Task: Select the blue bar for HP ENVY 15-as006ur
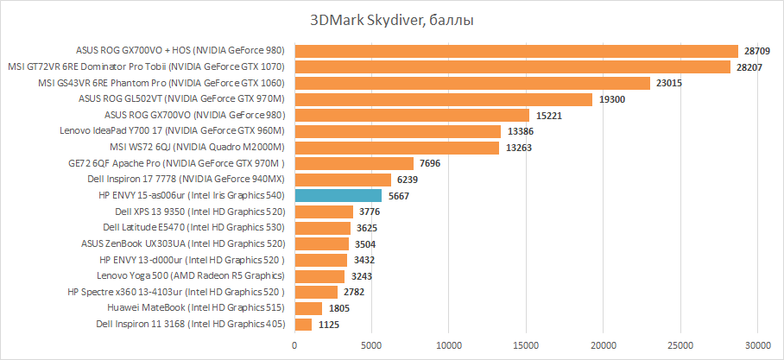pyautogui.click(x=338, y=196)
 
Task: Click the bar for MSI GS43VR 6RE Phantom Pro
pyautogui.click(x=472, y=83)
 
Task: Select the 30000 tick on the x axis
pyautogui.click(x=758, y=345)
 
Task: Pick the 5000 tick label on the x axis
pyautogui.click(x=372, y=345)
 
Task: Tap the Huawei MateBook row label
pyautogui.click(x=197, y=308)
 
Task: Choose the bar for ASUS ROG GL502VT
pyautogui.click(x=444, y=99)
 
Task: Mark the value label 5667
pyautogui.click(x=400, y=196)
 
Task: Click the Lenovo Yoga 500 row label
pyautogui.click(x=191, y=276)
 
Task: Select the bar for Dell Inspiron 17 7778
pyautogui.click(x=343, y=180)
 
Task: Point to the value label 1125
pyautogui.click(x=329, y=325)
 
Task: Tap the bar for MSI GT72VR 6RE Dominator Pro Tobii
pyautogui.click(x=513, y=66)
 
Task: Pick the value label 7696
pyautogui.click(x=431, y=163)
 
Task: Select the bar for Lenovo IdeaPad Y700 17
pyautogui.click(x=398, y=131)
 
